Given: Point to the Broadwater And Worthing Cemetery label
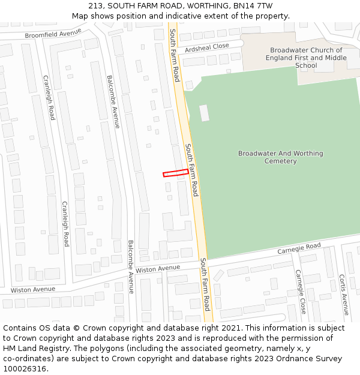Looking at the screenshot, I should click(x=280, y=157).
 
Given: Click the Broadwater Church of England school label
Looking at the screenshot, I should click(x=306, y=58).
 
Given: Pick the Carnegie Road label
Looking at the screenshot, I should click(x=299, y=248).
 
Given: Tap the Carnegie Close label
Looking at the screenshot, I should click(x=301, y=291).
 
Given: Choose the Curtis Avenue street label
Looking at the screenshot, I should click(x=344, y=295).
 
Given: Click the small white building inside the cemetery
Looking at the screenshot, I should click(x=204, y=113).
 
